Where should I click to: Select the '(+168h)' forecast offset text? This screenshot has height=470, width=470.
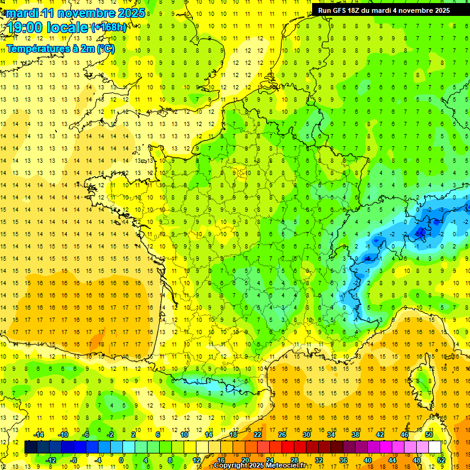coord(109,28)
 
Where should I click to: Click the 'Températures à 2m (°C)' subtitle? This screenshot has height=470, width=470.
coord(60,48)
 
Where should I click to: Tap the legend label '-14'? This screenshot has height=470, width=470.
coord(39,435)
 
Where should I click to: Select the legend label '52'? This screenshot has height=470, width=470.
coord(441,460)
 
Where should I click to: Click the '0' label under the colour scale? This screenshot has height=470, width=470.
coord(121,460)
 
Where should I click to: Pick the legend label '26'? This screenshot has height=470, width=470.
coord(282,435)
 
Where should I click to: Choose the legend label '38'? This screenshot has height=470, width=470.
coord(356,435)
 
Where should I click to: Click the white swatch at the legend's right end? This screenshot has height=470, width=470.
coord(435,447)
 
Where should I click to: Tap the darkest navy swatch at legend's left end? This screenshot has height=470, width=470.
coord(31,447)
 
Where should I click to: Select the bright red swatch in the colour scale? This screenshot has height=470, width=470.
coord(288,447)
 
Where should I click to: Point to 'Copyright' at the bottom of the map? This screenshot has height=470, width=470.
coord(230,466)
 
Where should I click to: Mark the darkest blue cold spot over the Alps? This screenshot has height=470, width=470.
coord(421,232)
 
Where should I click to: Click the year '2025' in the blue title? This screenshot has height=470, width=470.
coord(131,13)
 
